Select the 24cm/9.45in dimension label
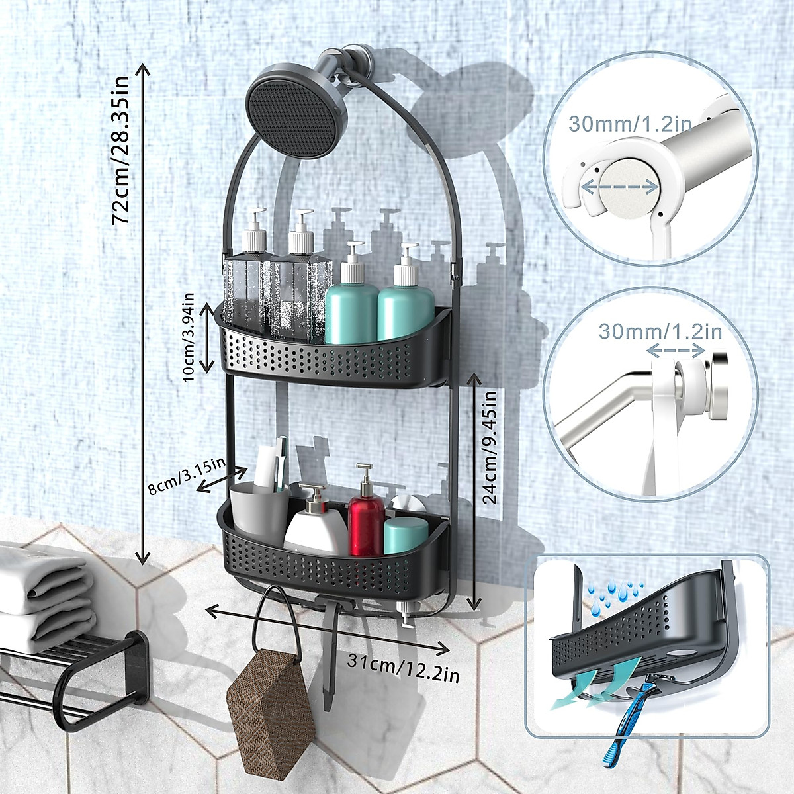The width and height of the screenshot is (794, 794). click(x=490, y=447)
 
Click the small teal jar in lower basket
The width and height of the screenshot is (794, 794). click(x=405, y=535)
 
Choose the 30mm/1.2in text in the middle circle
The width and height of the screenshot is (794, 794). click(x=660, y=330)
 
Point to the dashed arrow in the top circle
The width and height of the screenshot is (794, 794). click(x=619, y=188)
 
